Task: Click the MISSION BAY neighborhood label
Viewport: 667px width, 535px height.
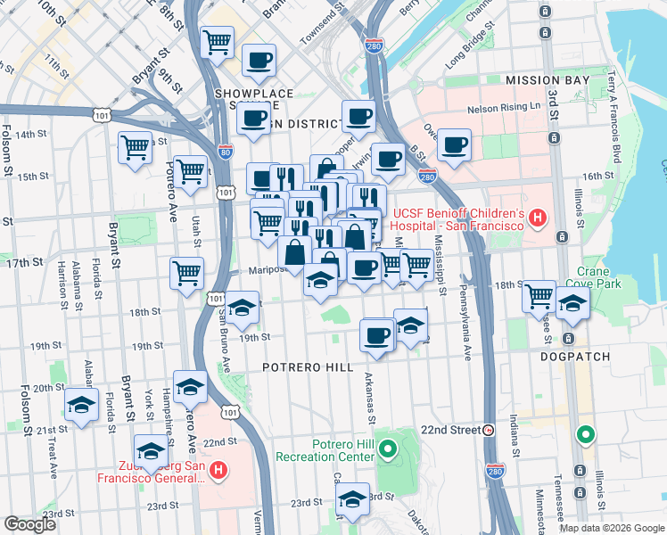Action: (548, 80)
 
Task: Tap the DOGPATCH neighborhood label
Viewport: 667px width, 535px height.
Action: (575, 357)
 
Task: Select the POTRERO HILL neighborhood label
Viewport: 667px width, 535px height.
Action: (309, 367)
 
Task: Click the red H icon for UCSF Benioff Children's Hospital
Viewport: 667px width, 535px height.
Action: (537, 217)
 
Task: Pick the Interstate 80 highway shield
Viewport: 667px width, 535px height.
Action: (226, 152)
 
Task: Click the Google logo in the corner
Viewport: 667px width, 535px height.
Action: (31, 524)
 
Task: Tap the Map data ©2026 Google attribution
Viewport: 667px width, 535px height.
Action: (611, 528)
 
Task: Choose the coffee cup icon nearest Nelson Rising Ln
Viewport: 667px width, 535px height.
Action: (454, 144)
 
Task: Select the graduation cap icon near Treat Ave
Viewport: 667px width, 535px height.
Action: (81, 406)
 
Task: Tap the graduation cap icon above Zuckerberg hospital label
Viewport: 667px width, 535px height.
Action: (151, 450)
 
